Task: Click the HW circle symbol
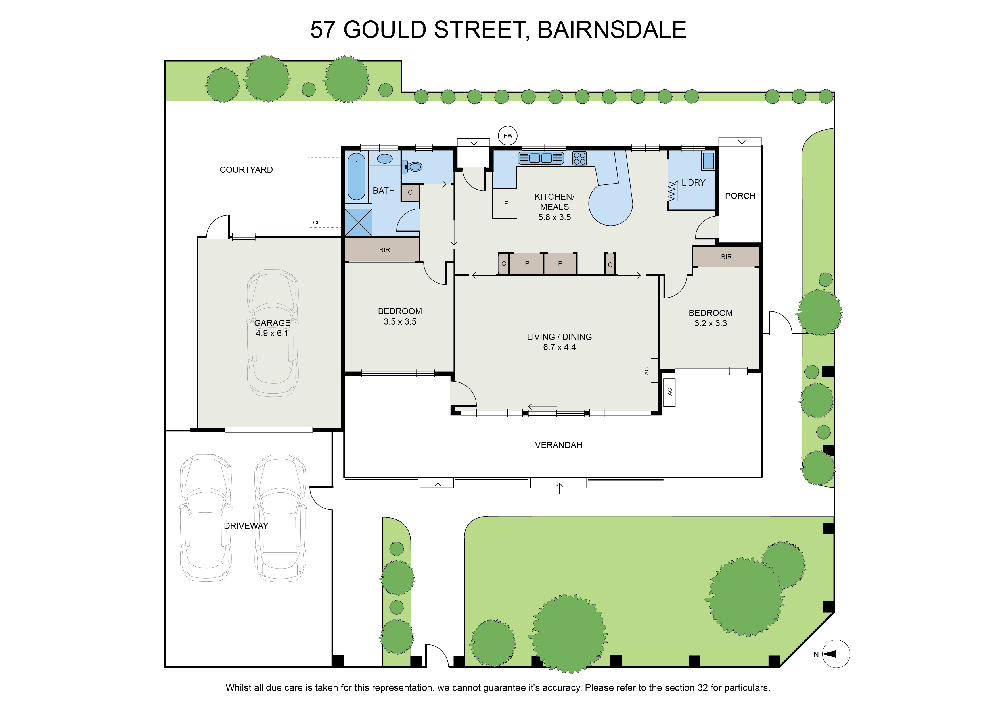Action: tap(508, 136)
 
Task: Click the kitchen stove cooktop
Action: tap(579, 158)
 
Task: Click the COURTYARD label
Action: tap(246, 170)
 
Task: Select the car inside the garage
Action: tap(273, 333)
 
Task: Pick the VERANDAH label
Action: tap(558, 445)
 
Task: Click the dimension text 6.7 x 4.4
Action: tap(559, 347)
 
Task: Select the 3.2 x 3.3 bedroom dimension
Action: tap(711, 323)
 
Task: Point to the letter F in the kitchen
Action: tap(506, 203)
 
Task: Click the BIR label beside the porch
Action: tap(726, 257)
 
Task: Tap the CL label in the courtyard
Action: tap(317, 223)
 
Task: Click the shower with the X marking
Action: tap(358, 222)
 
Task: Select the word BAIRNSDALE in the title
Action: tap(612, 30)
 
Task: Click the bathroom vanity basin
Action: tap(385, 159)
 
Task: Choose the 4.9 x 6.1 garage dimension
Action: tap(272, 333)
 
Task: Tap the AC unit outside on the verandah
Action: tap(669, 392)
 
